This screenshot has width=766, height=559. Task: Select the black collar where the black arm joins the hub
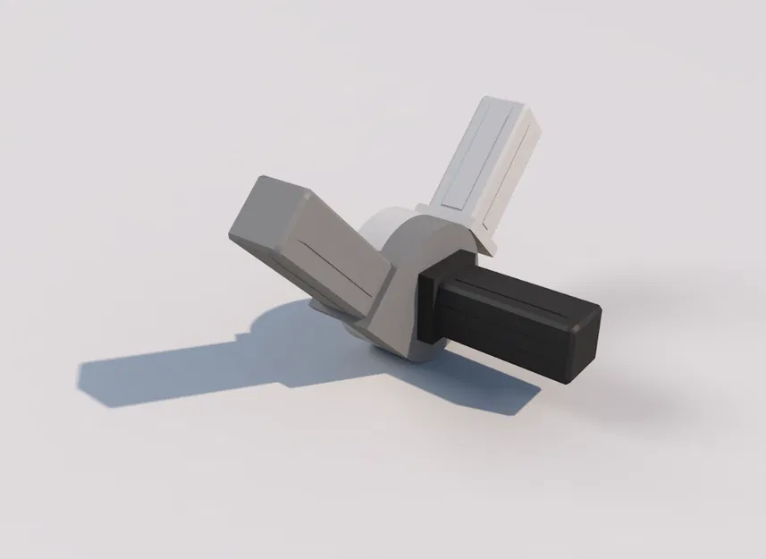435,300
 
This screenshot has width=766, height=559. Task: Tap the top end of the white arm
509,111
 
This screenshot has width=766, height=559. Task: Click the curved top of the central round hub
420,237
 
